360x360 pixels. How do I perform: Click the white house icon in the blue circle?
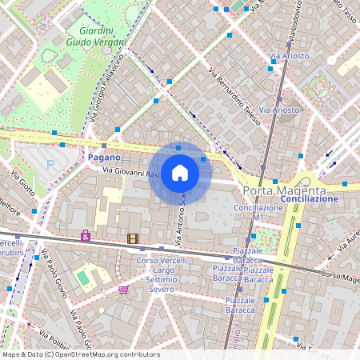pos(180,173)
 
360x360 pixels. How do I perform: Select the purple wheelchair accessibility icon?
pos(86,236)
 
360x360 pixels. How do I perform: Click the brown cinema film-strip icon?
pos(132,238)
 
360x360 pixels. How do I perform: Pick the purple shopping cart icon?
pos(123,290)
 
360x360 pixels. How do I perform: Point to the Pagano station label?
pos(104,158)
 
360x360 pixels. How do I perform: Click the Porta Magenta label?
pos(284,190)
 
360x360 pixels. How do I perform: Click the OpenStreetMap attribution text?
pos(80,354)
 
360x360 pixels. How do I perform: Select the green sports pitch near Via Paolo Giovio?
pos(83,278)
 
